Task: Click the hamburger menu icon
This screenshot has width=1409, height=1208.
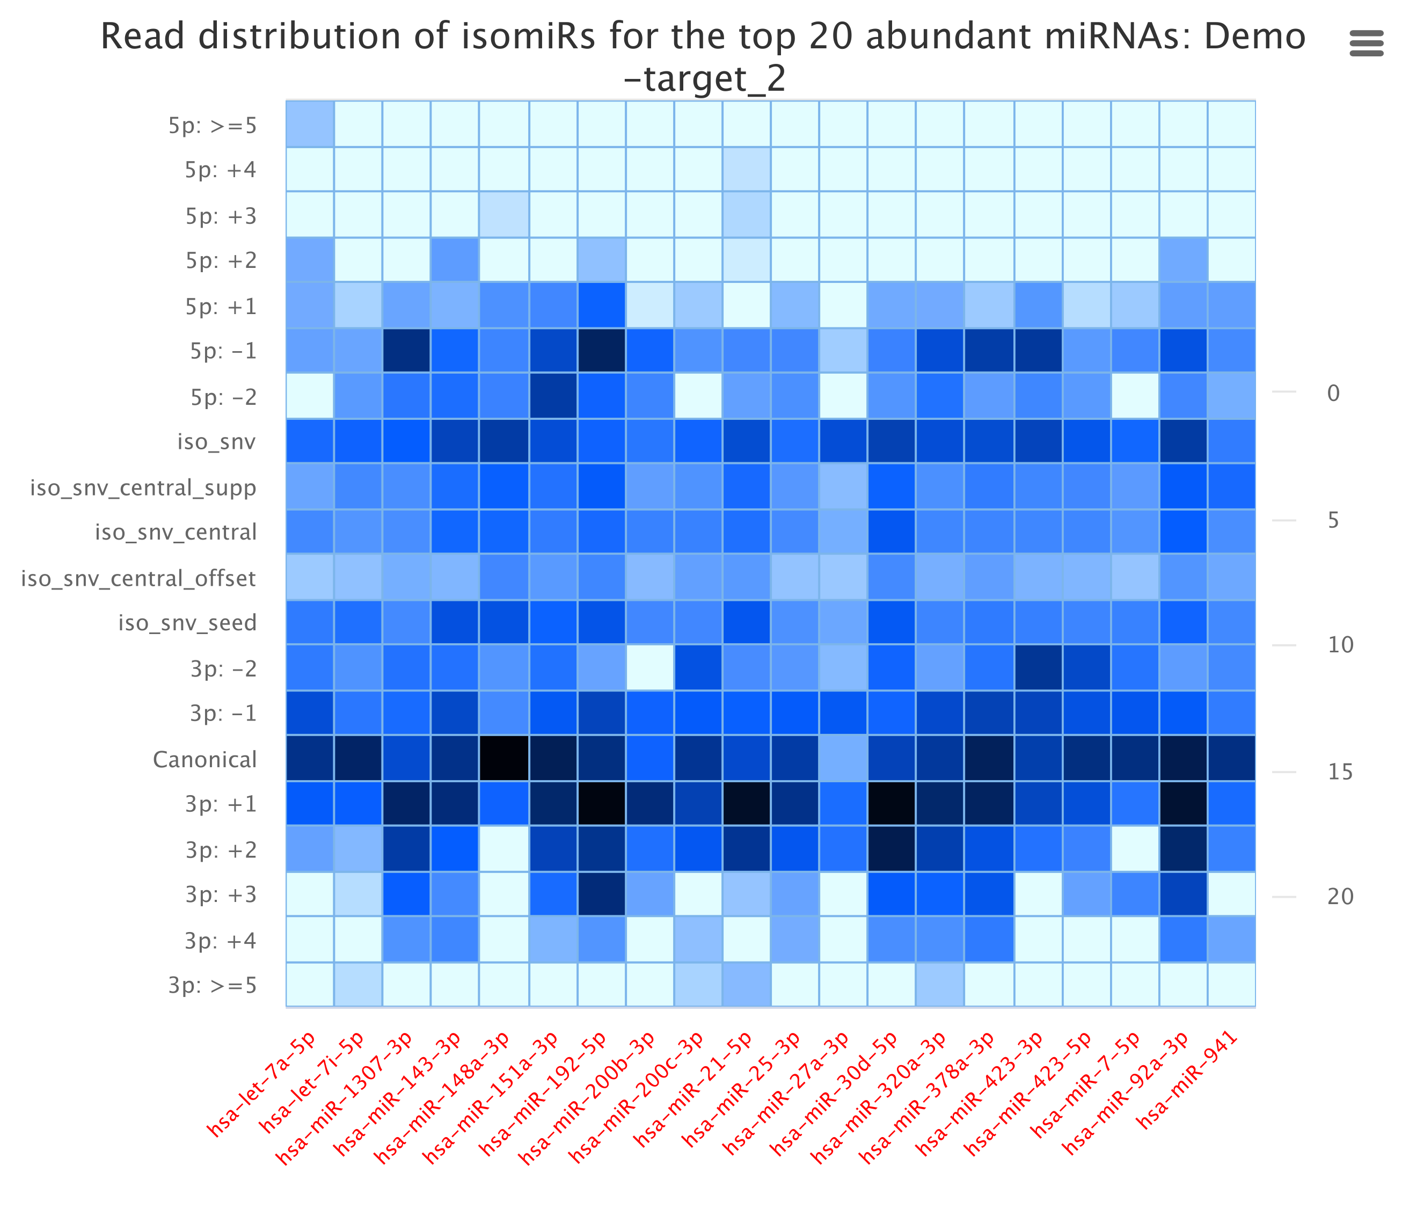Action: pyautogui.click(x=1366, y=43)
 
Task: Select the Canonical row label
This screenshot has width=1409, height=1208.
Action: pyautogui.click(x=205, y=759)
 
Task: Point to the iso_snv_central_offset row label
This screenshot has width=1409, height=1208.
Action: pyautogui.click(x=138, y=578)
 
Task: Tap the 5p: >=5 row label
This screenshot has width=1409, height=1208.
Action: pyautogui.click(x=213, y=125)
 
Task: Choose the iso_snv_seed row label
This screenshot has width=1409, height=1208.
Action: pyautogui.click(x=188, y=623)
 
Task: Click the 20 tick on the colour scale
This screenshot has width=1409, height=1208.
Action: pyautogui.click(x=1340, y=897)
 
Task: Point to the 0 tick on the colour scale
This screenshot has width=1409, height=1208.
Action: pyautogui.click(x=1333, y=393)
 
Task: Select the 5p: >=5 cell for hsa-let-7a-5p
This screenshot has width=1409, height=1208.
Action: pyautogui.click(x=310, y=124)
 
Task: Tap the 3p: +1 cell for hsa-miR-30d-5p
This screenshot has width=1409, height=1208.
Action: pyautogui.click(x=892, y=803)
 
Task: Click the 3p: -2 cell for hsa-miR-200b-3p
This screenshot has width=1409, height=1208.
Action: pyautogui.click(x=649, y=668)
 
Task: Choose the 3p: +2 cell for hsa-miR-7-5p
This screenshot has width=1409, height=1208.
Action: pyautogui.click(x=1135, y=849)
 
